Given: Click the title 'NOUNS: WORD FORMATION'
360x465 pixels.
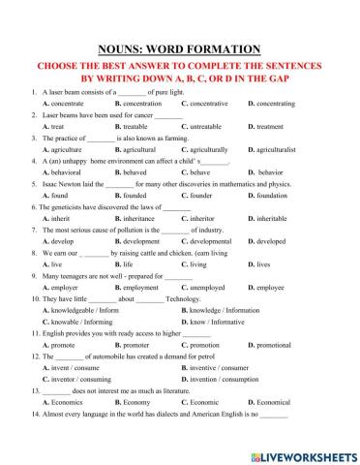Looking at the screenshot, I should (180, 49).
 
